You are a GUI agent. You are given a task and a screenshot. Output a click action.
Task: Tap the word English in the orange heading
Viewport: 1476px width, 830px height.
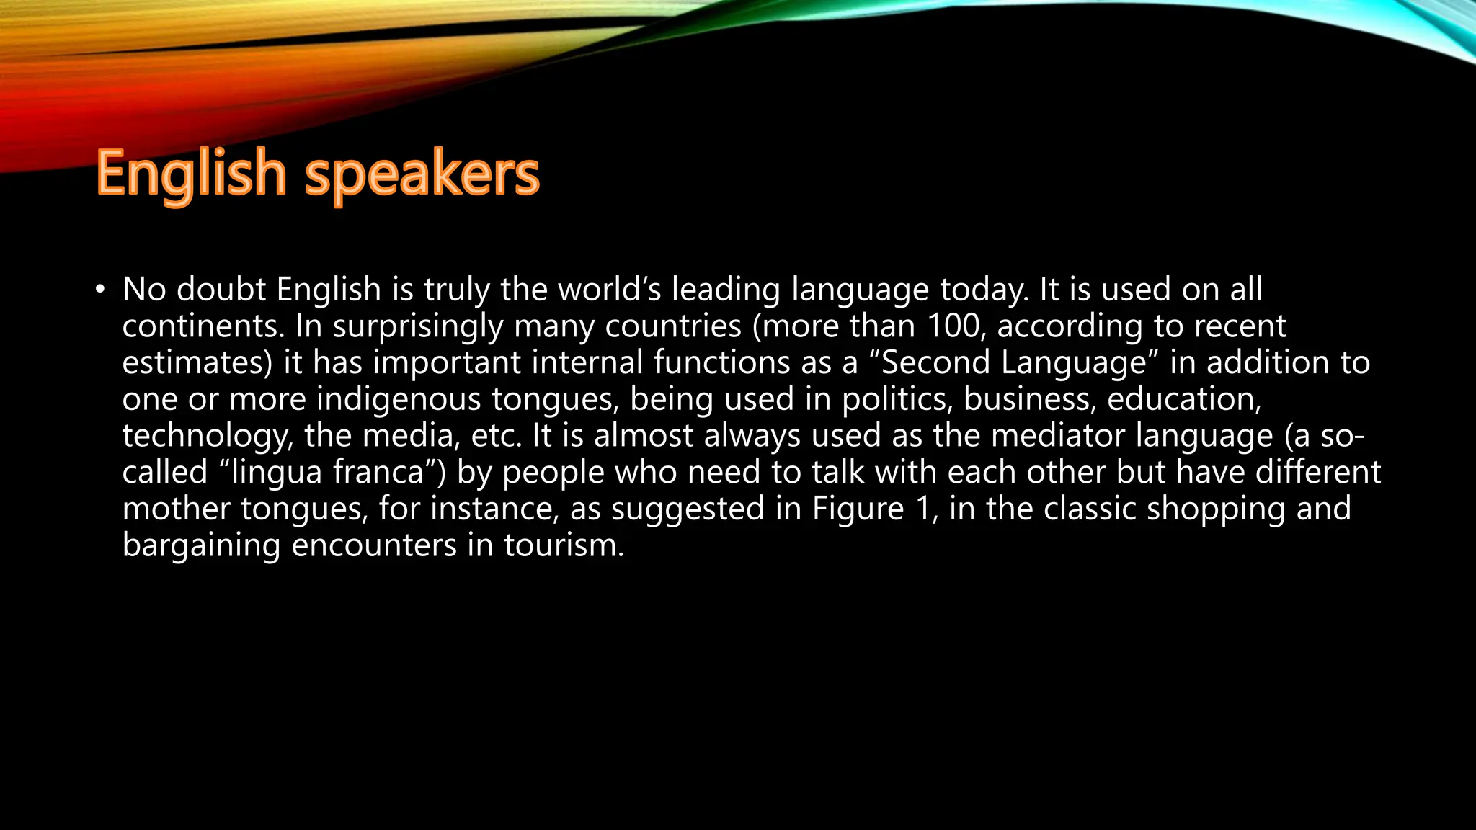192,174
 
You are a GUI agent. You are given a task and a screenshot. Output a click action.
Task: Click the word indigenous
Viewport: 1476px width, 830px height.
399,400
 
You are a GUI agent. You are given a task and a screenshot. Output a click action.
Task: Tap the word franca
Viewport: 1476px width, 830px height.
389,473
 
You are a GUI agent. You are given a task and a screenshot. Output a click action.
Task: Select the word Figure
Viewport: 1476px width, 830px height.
858,509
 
